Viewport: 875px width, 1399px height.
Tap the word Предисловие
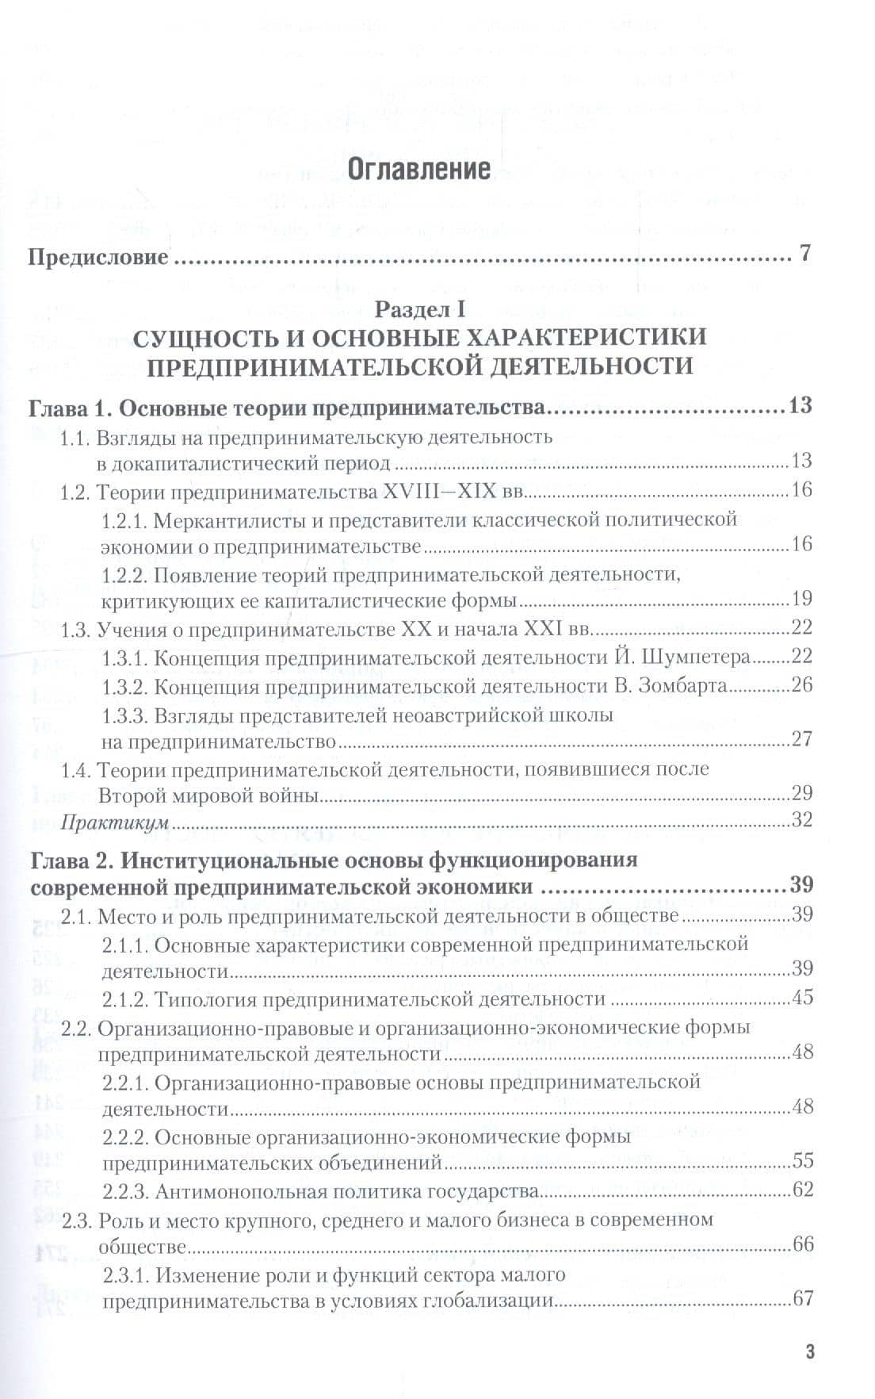click(x=98, y=258)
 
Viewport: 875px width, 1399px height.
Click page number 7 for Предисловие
click(x=805, y=256)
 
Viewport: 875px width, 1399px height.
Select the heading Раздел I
click(x=419, y=308)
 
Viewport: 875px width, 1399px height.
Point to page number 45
click(x=802, y=997)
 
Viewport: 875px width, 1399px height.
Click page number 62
click(x=802, y=1190)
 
